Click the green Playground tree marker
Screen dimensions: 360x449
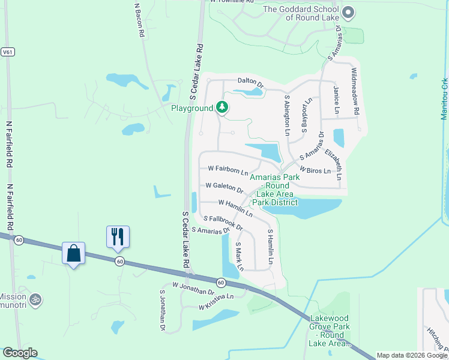(x=223, y=108)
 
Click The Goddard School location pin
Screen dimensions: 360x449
(x=348, y=11)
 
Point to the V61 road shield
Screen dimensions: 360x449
(x=8, y=52)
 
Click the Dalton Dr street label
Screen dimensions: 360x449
(x=251, y=83)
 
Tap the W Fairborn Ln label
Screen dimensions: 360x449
(x=228, y=170)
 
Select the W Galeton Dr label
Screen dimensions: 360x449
(x=223, y=188)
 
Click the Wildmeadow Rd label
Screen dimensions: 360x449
(x=355, y=92)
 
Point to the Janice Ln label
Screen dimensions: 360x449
(x=336, y=100)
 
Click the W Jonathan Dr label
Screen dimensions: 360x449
(x=193, y=289)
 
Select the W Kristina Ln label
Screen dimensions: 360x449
(x=215, y=302)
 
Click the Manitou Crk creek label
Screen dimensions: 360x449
(x=444, y=98)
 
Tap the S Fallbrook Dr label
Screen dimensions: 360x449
(x=223, y=223)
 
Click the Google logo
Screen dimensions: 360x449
(x=19, y=353)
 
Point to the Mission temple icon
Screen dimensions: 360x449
(x=35, y=298)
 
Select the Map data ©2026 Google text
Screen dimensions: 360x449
(x=412, y=355)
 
